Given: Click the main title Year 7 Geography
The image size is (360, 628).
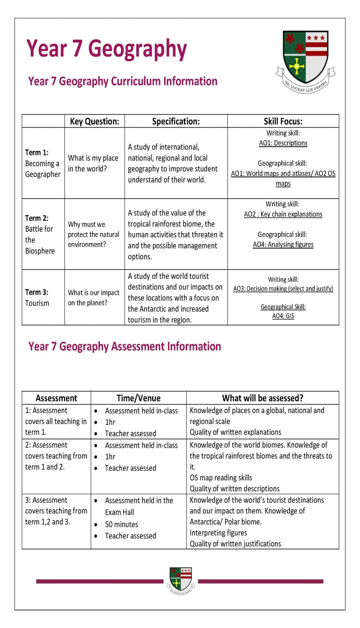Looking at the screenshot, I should click(x=107, y=49).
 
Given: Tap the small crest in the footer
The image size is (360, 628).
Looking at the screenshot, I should click(x=180, y=580).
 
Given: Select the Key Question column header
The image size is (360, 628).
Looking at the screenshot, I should click(x=94, y=121).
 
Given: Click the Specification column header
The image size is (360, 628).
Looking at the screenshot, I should click(x=176, y=121).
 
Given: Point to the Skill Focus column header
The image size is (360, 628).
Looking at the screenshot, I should click(x=283, y=121).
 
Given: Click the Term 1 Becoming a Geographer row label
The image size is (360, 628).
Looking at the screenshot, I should click(x=43, y=163).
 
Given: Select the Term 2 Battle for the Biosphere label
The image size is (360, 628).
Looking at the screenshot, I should click(x=40, y=234).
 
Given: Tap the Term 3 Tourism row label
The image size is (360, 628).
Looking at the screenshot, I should click(x=37, y=298).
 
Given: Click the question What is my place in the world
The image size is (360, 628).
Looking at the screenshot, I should click(x=93, y=163).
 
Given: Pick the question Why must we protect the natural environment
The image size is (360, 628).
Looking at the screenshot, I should click(x=93, y=234).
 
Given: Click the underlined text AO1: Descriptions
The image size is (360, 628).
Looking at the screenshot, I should click(x=283, y=143).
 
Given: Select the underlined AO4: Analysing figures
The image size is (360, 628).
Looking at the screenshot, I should click(x=283, y=244).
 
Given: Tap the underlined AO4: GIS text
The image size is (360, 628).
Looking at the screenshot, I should click(x=283, y=316).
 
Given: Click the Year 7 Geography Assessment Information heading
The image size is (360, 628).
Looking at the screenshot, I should click(x=125, y=347).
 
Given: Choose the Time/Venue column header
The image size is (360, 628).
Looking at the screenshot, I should click(x=138, y=398).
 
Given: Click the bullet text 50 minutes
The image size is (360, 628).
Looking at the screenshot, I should click(x=122, y=524).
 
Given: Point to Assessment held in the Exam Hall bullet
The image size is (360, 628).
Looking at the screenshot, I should click(x=139, y=506).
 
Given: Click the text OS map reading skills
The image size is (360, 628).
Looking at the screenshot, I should click(x=221, y=478).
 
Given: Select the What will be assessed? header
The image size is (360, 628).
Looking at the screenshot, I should click(x=262, y=398).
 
